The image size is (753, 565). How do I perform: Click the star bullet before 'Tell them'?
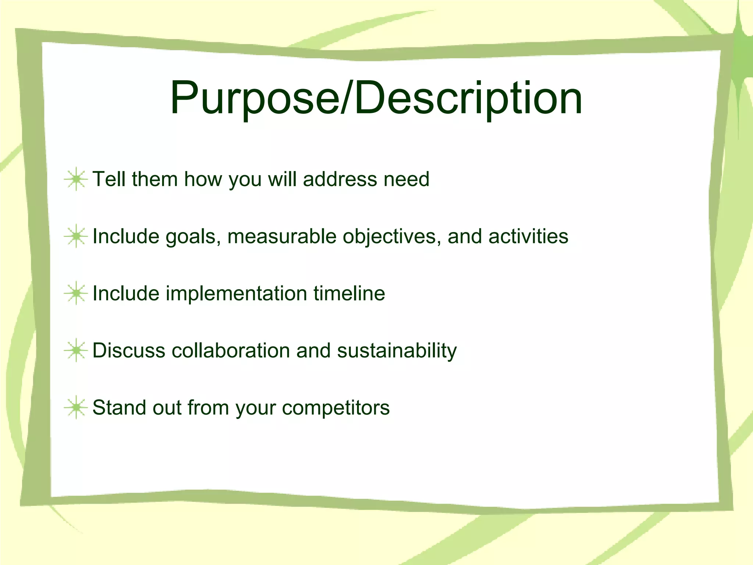coord(76,179)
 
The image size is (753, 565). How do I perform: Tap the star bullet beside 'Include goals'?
coord(76,236)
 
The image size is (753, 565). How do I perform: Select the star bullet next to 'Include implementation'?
coord(76,293)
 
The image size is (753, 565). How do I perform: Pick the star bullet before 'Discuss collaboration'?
coord(76,350)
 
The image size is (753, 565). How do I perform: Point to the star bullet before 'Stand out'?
coord(76,408)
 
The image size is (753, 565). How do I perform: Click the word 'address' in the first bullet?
coord(340,179)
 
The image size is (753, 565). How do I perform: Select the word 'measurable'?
coord(282,236)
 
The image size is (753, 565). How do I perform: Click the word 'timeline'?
coord(349,293)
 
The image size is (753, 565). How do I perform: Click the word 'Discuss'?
coord(129,350)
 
